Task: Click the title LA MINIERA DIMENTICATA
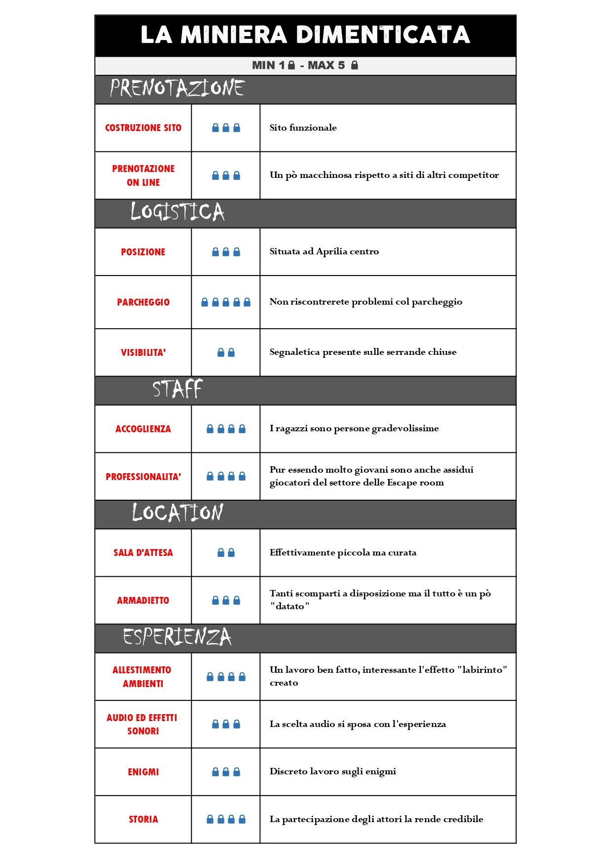(305, 35)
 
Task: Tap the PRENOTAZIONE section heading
(177, 88)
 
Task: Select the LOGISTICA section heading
(177, 212)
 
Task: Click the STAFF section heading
(177, 389)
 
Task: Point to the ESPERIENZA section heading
(177, 637)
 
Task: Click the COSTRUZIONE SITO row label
(143, 128)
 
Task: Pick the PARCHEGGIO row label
(143, 302)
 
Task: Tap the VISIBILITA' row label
(143, 352)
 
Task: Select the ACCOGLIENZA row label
(143, 429)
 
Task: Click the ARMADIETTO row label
(143, 600)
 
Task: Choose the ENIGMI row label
(143, 772)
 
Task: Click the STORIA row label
(143, 819)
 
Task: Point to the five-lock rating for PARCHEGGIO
(226, 302)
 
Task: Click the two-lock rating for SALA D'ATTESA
(226, 553)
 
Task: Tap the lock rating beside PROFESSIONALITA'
(226, 476)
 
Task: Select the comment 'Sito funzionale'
(303, 128)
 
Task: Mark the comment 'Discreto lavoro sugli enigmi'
(332, 771)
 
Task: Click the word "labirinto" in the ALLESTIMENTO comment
(482, 670)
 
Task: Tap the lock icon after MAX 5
(354, 65)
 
